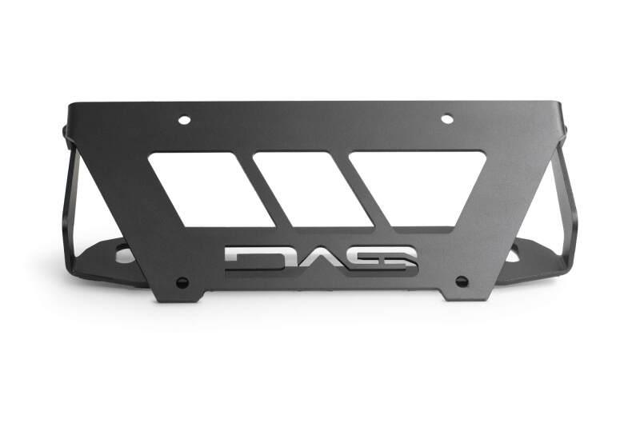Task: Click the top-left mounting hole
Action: pos(184,120)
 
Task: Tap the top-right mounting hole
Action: pos(447,119)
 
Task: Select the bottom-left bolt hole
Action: pos(182,282)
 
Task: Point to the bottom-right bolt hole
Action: pos(462,281)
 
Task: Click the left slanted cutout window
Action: pos(210,189)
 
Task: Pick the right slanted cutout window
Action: pos(418,187)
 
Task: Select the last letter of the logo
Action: pos(392,258)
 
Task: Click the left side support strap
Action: pos(67,200)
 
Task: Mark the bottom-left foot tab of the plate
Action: pos(177,294)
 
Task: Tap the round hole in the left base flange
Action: pos(124,255)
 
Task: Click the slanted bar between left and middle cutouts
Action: pos(262,189)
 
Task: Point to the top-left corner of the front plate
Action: pos(70,104)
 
